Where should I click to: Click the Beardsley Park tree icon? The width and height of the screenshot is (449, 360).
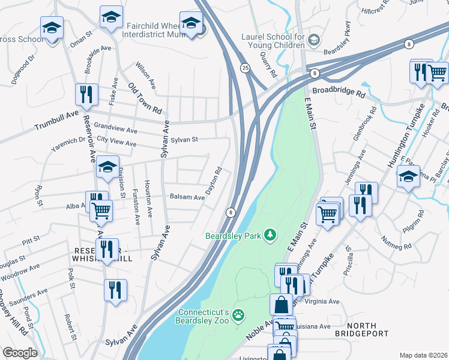(270, 235)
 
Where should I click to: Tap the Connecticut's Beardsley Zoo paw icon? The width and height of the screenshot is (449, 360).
(238, 314)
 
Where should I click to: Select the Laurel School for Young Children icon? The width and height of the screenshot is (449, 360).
(313, 40)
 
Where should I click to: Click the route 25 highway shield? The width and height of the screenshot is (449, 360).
(245, 68)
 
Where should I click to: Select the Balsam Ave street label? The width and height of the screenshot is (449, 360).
(187, 196)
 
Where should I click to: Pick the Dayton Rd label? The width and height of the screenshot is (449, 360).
(214, 180)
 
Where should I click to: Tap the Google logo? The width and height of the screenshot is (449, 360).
(20, 352)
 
